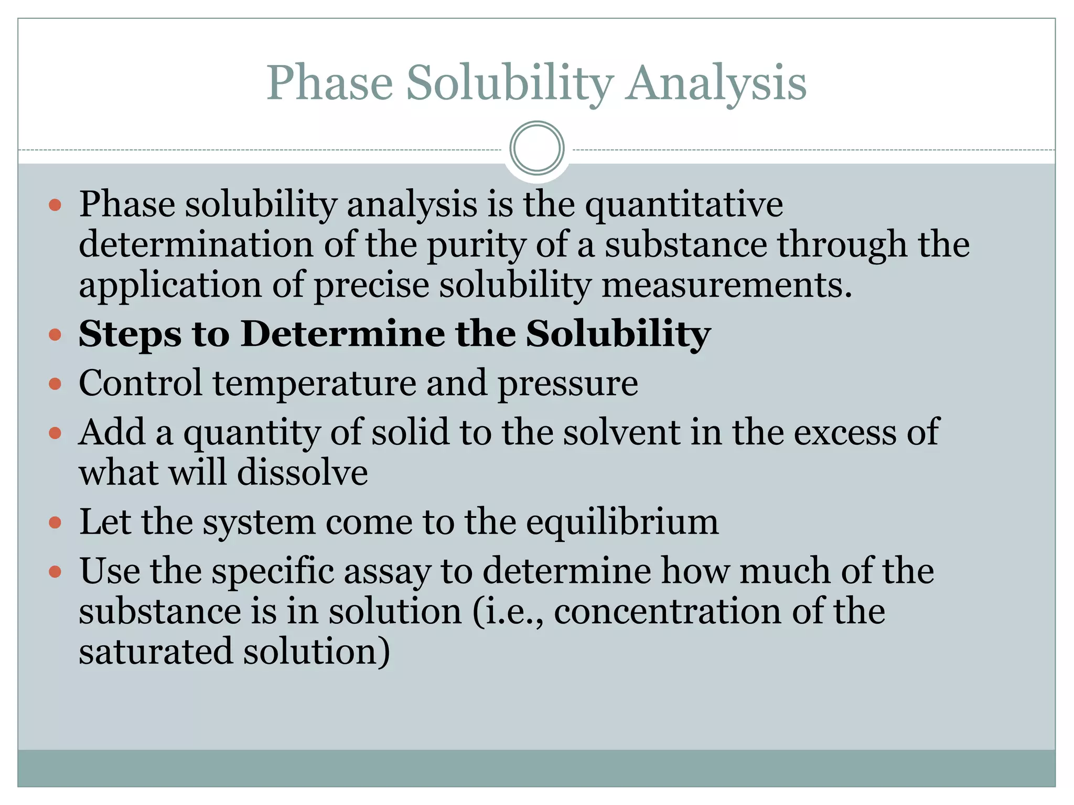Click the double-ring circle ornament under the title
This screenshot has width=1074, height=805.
[536, 148]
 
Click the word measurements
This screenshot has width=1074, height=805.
[726, 286]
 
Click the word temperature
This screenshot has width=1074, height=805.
[314, 383]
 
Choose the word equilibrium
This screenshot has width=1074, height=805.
[622, 523]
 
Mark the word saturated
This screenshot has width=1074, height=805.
[156, 652]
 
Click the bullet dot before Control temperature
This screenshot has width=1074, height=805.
[55, 384]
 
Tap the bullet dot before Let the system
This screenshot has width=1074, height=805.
[55, 523]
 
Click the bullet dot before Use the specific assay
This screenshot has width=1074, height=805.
[55, 571]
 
